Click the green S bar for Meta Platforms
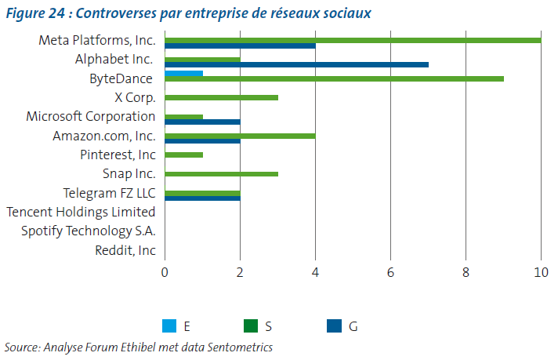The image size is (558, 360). click(x=353, y=40)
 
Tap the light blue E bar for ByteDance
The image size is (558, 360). click(x=183, y=73)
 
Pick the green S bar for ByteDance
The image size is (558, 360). click(x=334, y=78)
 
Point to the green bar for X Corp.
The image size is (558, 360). click(x=221, y=97)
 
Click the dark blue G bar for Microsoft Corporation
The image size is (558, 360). click(x=202, y=122)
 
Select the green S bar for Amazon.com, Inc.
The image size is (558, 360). click(x=240, y=136)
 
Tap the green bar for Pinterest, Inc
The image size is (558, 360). click(x=183, y=155)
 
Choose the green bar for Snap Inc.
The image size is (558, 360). click(x=221, y=174)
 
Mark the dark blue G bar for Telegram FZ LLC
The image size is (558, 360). click(x=202, y=198)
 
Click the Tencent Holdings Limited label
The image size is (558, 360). click(x=81, y=212)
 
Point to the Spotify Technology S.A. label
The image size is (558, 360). click(x=89, y=231)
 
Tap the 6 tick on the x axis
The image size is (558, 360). click(x=390, y=272)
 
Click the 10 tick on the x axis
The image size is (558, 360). click(x=540, y=272)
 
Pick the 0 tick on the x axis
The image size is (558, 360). click(x=165, y=272)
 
